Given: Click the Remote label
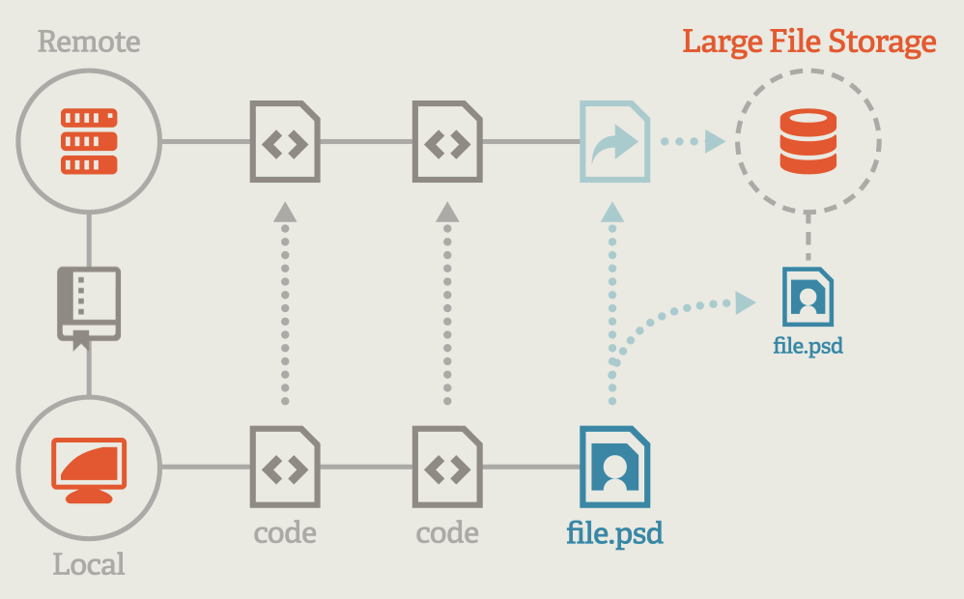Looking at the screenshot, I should (x=89, y=43).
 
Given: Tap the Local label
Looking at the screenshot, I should (x=89, y=563).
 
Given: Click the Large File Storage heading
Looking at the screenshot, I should (x=808, y=42).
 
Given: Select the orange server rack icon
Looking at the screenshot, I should (x=89, y=142).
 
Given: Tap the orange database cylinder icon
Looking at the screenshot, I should (x=808, y=142).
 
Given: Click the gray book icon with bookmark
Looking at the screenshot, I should (x=89, y=307).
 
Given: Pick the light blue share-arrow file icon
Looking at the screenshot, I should (x=614, y=142).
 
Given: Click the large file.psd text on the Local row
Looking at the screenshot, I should (x=614, y=533).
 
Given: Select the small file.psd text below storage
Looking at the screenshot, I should (x=808, y=345).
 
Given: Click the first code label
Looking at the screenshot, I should (x=285, y=532).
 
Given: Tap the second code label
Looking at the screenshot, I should (x=447, y=532).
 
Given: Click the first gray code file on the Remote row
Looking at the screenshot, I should (x=285, y=142).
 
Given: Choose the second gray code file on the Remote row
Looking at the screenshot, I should (x=447, y=142).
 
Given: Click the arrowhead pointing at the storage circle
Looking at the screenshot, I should (x=714, y=142).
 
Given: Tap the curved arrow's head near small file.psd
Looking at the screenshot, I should (x=744, y=303).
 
